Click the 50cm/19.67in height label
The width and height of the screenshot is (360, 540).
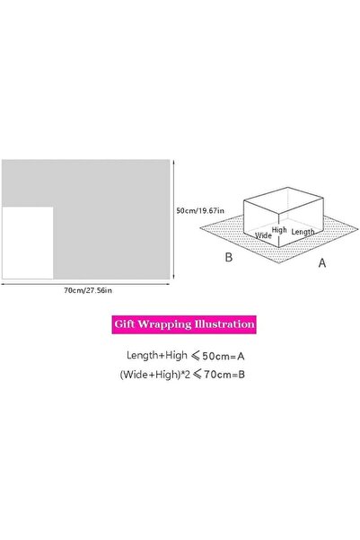click(200, 210)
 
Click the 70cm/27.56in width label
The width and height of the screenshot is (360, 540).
click(88, 290)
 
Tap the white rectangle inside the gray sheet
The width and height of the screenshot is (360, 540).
click(28, 243)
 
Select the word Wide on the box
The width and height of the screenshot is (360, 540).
click(263, 235)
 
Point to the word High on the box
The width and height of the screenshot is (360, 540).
click(279, 230)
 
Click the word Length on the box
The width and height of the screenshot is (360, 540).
click(303, 232)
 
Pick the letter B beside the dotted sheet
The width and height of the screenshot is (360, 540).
click(229, 257)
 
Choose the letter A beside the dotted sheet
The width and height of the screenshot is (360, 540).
click(322, 263)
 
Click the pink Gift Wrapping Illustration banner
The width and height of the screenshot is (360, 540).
click(184, 324)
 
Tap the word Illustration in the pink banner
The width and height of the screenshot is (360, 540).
click(224, 324)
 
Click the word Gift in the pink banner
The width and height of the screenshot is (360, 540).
click(125, 324)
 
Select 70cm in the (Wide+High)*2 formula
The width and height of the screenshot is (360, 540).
click(215, 375)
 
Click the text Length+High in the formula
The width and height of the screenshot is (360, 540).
click(157, 356)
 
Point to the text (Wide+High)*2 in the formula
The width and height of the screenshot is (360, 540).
click(155, 375)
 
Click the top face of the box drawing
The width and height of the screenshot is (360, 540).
click(284, 199)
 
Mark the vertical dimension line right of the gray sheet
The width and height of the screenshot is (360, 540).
click(173, 219)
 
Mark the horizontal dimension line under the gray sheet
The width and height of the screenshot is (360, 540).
click(85, 284)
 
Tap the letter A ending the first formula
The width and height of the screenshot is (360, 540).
click(241, 356)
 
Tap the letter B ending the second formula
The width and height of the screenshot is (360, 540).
click(241, 375)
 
